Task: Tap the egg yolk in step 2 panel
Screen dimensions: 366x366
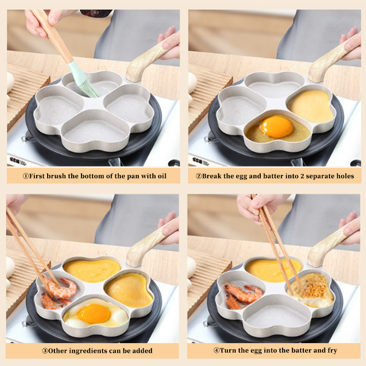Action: coord(276,126)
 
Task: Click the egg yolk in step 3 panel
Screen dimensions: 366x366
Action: coord(94,313)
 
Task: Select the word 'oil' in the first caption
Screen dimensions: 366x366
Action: coord(161,176)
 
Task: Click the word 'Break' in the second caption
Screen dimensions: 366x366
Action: coord(212,176)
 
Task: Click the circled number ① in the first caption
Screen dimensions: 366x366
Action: coord(26,176)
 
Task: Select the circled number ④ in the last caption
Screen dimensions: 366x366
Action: coord(216,351)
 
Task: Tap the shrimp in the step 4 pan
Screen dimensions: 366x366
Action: coord(242,294)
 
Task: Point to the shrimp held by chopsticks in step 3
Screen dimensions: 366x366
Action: coord(62,288)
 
